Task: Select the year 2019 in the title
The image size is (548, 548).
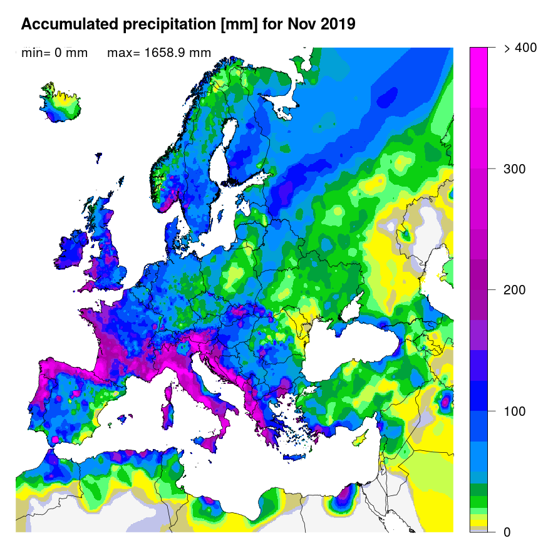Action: tap(338, 24)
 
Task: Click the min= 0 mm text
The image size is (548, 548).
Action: tap(54, 53)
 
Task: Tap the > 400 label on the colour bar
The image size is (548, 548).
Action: tap(520, 48)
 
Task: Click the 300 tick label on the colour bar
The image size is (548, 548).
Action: tap(514, 169)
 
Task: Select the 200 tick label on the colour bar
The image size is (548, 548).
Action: tap(514, 290)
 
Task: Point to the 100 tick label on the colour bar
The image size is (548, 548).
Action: tap(514, 411)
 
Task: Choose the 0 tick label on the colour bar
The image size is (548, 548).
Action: tap(507, 532)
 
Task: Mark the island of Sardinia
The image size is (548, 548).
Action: tap(168, 408)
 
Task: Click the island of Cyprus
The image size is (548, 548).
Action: tap(361, 439)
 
